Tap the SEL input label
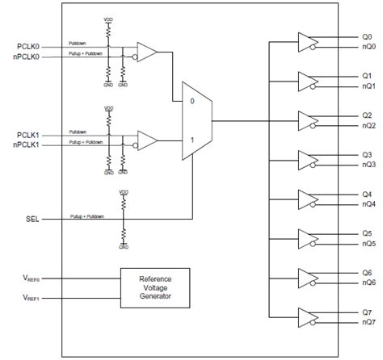pyautogui.click(x=32, y=218)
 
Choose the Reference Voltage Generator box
pyautogui.click(x=156, y=287)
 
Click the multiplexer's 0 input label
pyautogui.click(x=191, y=102)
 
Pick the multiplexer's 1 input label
pyautogui.click(x=191, y=139)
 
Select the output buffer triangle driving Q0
pyautogui.click(x=307, y=42)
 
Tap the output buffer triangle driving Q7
pyautogui.click(x=307, y=316)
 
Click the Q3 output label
pyautogui.click(x=367, y=154)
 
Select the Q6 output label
pyautogui.click(x=367, y=272)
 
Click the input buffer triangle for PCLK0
pyautogui.click(x=147, y=52)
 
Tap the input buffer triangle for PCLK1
pyautogui.click(x=147, y=140)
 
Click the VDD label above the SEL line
pyautogui.click(x=123, y=193)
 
